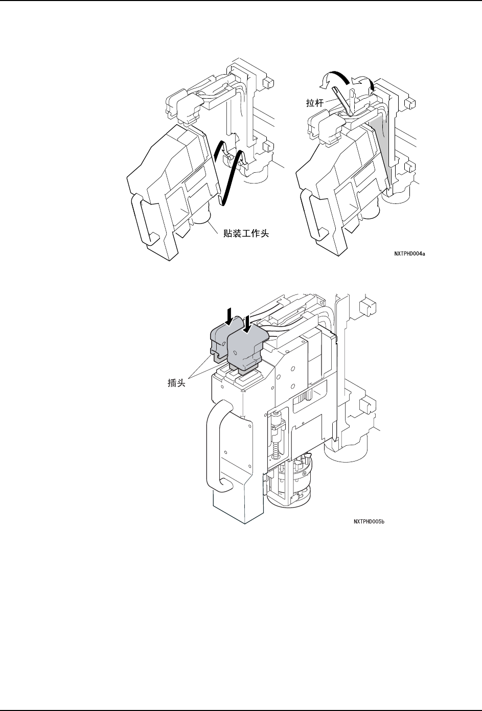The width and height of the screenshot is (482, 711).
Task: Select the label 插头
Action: (176, 382)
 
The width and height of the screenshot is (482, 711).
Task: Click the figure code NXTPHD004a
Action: (409, 253)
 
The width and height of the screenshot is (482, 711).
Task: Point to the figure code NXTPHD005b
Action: (369, 522)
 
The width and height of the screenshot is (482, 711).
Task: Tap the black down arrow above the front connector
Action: (247, 323)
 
